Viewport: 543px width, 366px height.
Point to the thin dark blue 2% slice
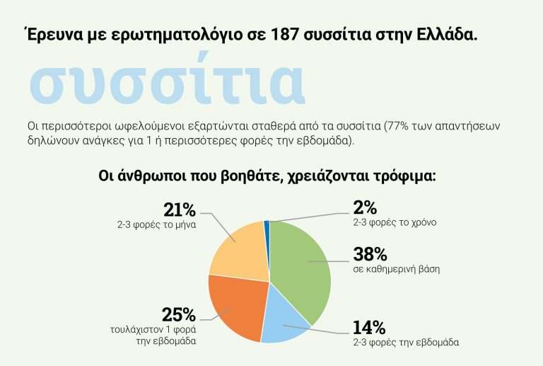(x=267, y=226)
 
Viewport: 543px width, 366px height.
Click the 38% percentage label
(x=369, y=253)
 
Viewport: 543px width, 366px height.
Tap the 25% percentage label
(x=178, y=314)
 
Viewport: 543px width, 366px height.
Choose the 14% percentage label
(x=368, y=328)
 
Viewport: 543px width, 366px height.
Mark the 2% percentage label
(x=365, y=207)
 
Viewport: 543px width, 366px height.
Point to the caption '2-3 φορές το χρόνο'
(x=395, y=222)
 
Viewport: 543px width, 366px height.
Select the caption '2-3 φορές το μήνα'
(x=156, y=224)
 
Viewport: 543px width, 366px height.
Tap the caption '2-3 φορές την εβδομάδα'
(x=406, y=343)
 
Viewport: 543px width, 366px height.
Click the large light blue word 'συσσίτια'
(x=167, y=84)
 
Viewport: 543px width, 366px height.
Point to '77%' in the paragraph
(x=396, y=127)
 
